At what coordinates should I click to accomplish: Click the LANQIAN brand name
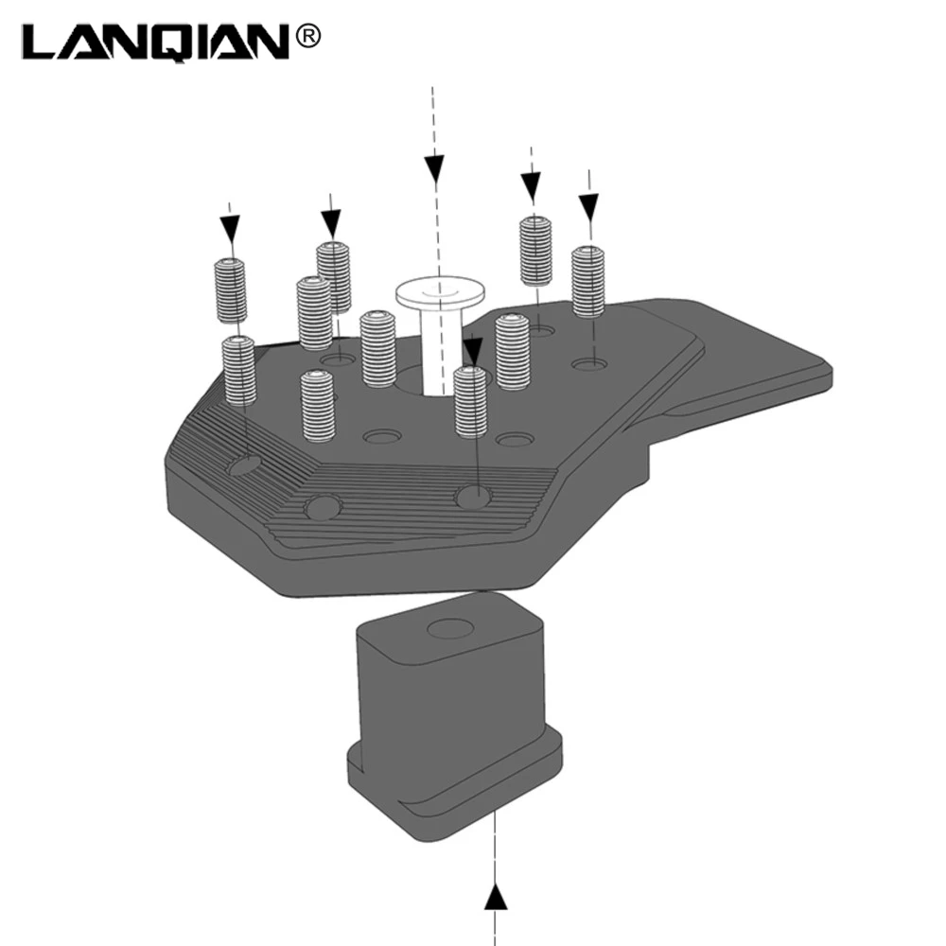coord(157,43)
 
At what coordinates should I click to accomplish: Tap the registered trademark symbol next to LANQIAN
coord(308,37)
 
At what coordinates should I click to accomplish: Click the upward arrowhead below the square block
coord(496,896)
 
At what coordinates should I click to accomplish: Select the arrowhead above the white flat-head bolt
coord(434,169)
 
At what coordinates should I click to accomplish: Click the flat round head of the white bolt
coord(440,291)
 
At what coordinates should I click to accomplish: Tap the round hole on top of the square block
coord(450,628)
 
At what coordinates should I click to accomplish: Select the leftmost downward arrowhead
coord(230,229)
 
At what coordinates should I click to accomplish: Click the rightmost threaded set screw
coord(587,282)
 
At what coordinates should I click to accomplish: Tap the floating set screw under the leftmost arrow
coord(231,290)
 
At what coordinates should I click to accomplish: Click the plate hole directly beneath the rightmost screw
coord(589,364)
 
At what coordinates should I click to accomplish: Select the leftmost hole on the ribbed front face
coord(244,464)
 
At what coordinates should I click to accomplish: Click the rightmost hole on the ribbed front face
coord(474,497)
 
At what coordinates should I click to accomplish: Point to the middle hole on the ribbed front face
coord(323,507)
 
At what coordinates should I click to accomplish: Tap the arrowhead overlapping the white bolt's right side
coord(472,351)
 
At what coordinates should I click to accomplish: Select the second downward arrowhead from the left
coord(330,223)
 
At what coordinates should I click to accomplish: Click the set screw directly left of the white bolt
coord(377,349)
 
